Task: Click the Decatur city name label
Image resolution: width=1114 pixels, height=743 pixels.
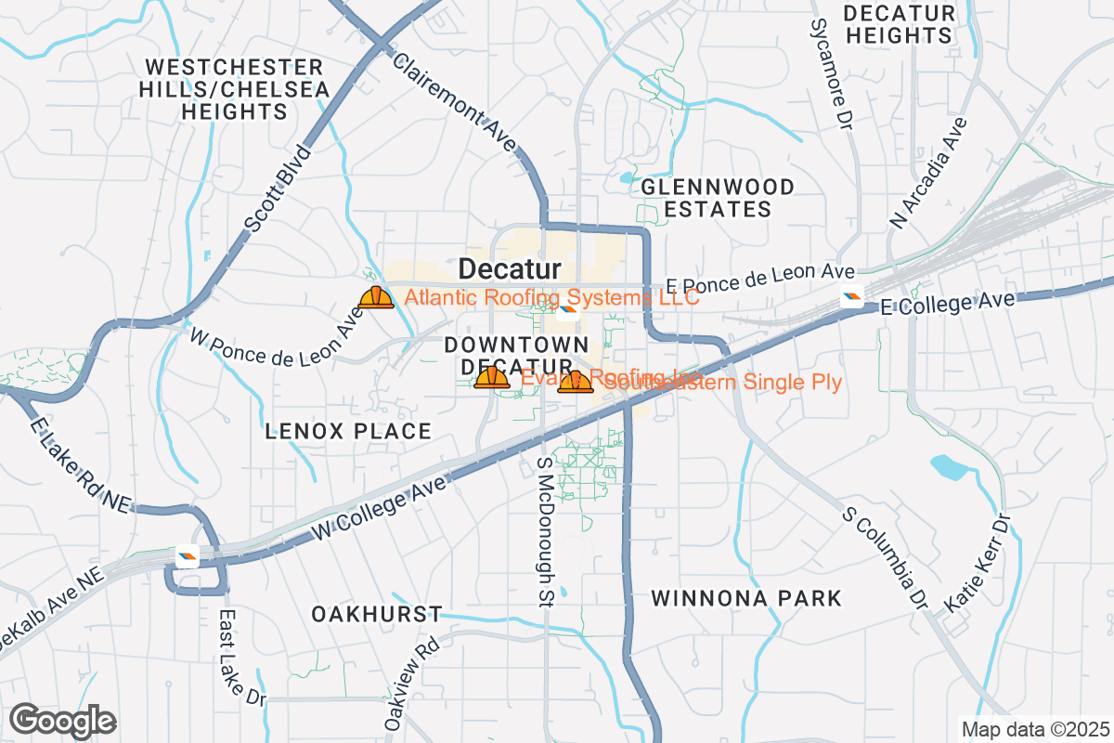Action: (x=510, y=269)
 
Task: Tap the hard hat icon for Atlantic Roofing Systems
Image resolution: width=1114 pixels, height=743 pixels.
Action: (x=376, y=297)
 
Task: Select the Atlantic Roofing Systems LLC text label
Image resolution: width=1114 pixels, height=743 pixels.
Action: (x=552, y=298)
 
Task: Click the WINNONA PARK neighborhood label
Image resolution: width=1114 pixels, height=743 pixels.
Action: (x=746, y=598)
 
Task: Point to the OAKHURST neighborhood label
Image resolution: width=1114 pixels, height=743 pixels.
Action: (x=376, y=615)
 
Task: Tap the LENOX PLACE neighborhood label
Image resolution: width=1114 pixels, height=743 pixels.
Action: (x=348, y=431)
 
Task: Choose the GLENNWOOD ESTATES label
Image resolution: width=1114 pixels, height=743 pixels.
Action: (x=719, y=198)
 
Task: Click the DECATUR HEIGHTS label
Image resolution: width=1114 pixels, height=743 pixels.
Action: (x=899, y=25)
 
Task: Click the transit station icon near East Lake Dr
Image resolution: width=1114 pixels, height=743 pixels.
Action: (x=188, y=557)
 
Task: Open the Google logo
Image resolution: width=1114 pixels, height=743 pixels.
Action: (x=62, y=720)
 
